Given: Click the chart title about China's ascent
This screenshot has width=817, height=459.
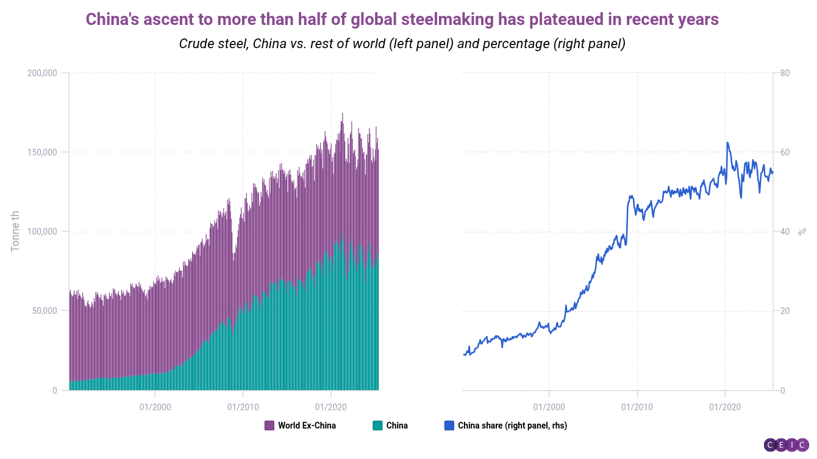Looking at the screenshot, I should pyautogui.click(x=402, y=19).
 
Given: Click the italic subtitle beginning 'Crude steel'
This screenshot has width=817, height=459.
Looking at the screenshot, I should pyautogui.click(x=402, y=44).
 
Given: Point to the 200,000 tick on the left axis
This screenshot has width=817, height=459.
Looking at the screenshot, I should pyautogui.click(x=42, y=73).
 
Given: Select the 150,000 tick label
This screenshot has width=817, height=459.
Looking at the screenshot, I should pyautogui.click(x=42, y=152).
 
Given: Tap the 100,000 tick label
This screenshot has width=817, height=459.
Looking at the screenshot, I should pyautogui.click(x=42, y=232).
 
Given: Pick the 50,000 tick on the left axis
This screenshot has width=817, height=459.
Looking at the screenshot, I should pyautogui.click(x=45, y=311).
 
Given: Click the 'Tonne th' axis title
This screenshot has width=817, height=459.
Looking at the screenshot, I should pyautogui.click(x=16, y=232).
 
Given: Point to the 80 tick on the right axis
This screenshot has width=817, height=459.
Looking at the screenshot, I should pyautogui.click(x=785, y=73).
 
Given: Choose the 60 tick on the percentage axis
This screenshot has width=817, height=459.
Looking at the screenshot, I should pyautogui.click(x=785, y=152).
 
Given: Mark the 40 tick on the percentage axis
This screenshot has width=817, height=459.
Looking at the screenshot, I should pyautogui.click(x=785, y=232).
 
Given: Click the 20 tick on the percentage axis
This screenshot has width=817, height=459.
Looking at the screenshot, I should pyautogui.click(x=785, y=311).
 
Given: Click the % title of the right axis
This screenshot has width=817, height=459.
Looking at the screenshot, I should pyautogui.click(x=802, y=232).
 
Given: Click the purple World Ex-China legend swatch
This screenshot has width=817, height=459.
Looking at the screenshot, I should pyautogui.click(x=269, y=425).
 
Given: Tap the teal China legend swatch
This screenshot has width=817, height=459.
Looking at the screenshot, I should pyautogui.click(x=377, y=425).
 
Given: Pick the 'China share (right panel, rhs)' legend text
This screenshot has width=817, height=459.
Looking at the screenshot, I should pyautogui.click(x=512, y=425).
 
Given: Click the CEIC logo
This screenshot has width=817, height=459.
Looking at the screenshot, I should pyautogui.click(x=786, y=445).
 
